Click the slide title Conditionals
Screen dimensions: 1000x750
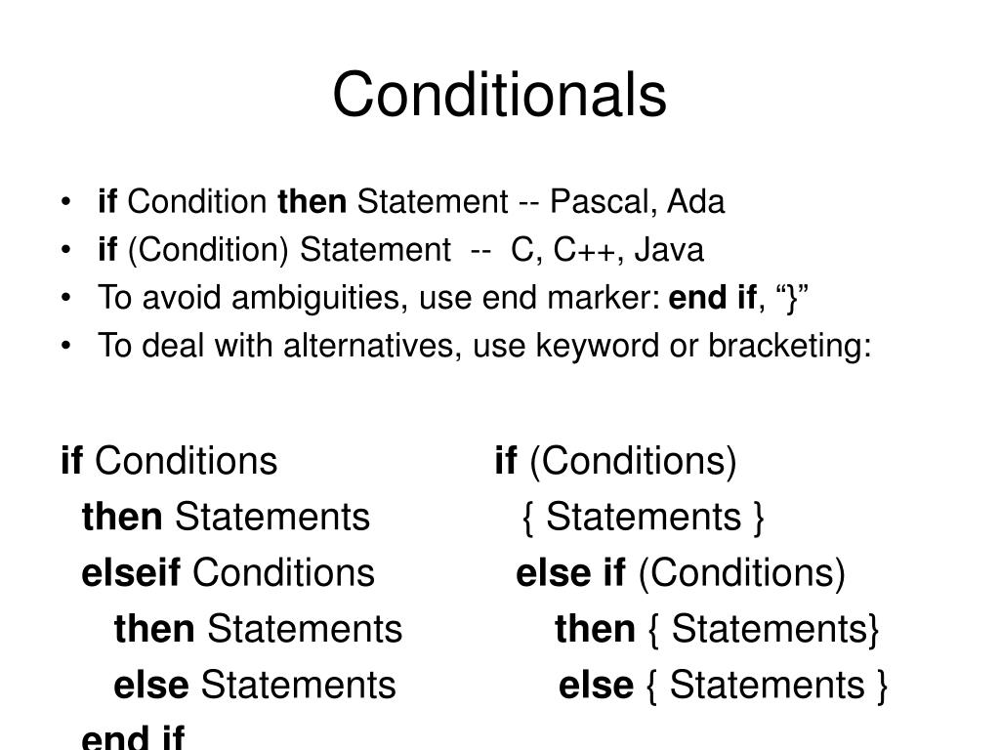pyautogui.click(x=499, y=96)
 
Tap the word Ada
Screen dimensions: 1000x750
pyautogui.click(x=696, y=202)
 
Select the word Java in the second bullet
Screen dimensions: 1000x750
pyautogui.click(x=668, y=251)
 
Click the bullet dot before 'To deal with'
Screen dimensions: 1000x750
pyautogui.click(x=64, y=347)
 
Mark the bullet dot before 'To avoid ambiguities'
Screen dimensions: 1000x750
pyautogui.click(x=64, y=299)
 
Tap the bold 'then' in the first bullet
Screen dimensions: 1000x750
pyautogui.click(x=312, y=202)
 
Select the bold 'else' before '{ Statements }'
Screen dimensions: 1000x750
pyautogui.click(x=596, y=686)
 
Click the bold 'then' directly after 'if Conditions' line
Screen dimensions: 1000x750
pyautogui.click(x=122, y=517)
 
